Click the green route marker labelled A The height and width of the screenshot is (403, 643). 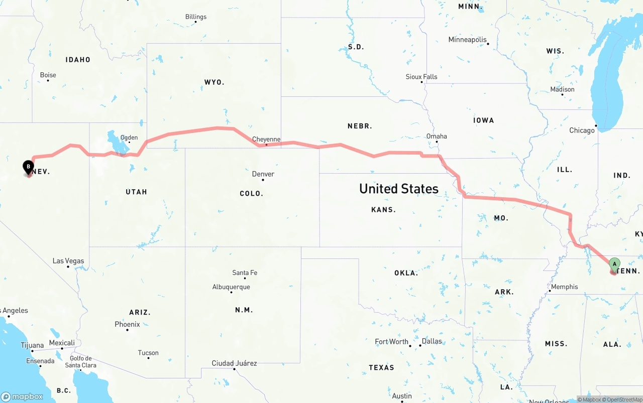tap(614, 264)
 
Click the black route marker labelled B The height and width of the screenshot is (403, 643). tap(29, 167)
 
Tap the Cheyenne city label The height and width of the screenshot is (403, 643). tap(266, 140)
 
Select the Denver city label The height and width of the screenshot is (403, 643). tap(263, 174)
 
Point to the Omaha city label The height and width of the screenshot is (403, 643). tap(437, 137)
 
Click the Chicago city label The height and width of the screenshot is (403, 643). tap(582, 130)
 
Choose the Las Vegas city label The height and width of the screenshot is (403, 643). tap(68, 261)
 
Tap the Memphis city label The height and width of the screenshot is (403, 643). tap(565, 287)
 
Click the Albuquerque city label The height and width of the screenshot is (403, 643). tap(231, 287)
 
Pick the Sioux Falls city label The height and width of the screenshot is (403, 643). tap(421, 77)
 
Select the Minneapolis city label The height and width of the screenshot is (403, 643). tap(468, 40)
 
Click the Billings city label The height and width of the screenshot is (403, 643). tap(196, 17)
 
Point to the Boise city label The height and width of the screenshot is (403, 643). tap(48, 75)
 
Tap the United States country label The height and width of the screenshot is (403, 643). tap(399, 189)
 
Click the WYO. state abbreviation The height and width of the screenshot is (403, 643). tap(215, 82)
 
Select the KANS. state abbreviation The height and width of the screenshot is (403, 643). tap(384, 210)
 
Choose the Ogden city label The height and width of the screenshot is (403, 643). tap(129, 138)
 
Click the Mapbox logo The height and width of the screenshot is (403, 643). tap(22, 396)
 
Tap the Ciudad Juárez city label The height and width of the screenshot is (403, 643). tap(234, 363)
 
